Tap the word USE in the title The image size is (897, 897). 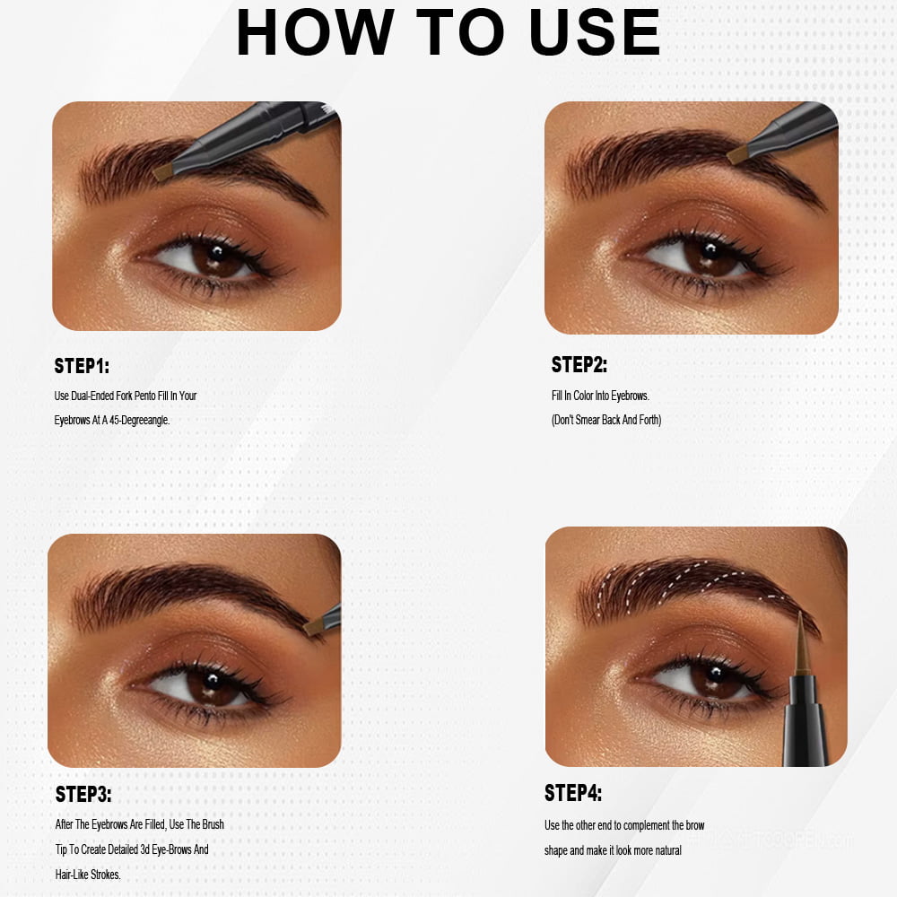[595, 32]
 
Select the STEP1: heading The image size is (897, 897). [82, 366]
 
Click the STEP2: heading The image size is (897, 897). [579, 365]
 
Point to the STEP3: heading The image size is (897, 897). [83, 794]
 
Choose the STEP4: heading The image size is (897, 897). [572, 793]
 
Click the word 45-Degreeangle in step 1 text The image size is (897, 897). [140, 420]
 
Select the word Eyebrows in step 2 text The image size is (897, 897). [630, 396]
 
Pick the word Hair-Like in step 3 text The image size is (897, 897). [71, 874]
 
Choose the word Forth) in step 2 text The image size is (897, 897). [650, 420]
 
